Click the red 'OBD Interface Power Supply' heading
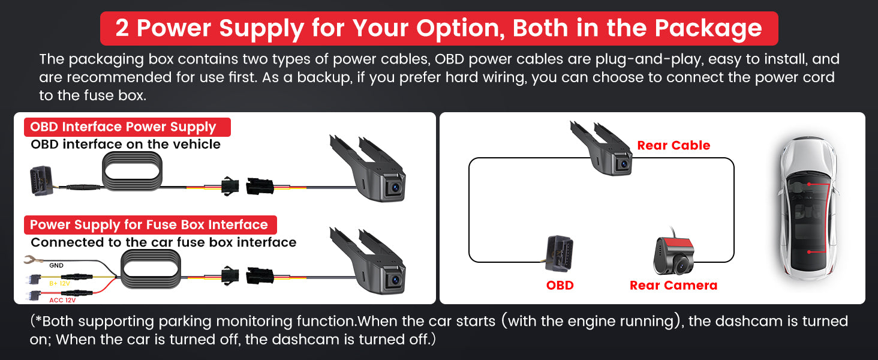click(x=123, y=127)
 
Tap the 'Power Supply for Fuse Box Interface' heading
click(x=149, y=225)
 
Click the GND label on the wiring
click(x=56, y=265)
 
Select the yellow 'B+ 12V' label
click(x=59, y=283)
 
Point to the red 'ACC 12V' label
click(x=62, y=300)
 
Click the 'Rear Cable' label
click(x=673, y=145)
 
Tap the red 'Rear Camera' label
click(x=673, y=285)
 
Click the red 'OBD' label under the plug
click(x=560, y=285)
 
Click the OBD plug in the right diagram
click(x=559, y=253)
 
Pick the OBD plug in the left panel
click(x=42, y=181)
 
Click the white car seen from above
click(x=807, y=208)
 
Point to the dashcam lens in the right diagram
click(x=623, y=163)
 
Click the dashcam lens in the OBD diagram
click(x=395, y=187)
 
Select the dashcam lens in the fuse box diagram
click(x=395, y=280)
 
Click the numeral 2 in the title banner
click(x=122, y=28)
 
